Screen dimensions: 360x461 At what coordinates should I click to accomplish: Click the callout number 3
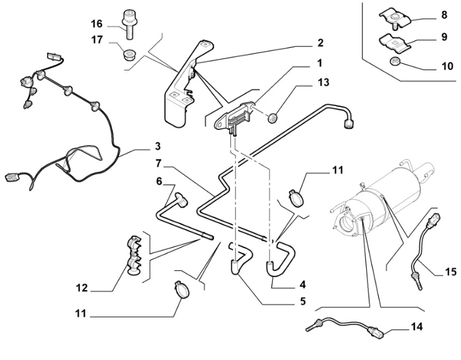(x=157, y=146)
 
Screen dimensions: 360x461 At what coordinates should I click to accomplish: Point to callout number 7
(x=158, y=163)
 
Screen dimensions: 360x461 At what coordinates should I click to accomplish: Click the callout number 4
(x=302, y=284)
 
